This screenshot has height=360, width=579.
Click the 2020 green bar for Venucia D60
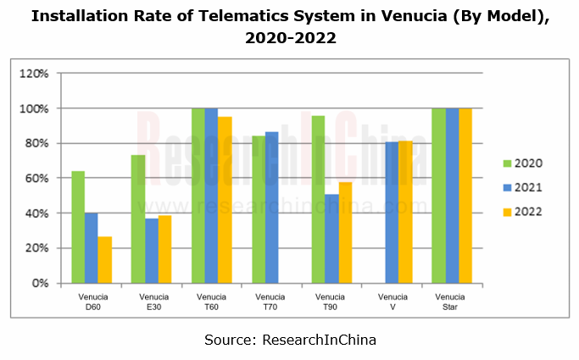(78, 227)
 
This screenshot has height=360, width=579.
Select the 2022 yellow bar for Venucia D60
(104, 259)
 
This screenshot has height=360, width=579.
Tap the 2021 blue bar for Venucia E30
(151, 251)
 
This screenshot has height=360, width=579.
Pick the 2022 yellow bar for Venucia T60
(225, 200)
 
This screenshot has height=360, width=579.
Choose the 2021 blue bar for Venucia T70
(271, 208)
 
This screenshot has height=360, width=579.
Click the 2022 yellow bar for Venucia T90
(344, 232)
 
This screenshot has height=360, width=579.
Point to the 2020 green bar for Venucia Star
(438, 196)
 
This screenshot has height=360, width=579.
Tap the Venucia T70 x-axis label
(271, 302)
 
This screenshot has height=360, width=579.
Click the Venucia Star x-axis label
(452, 302)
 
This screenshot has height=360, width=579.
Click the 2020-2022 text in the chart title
(289, 39)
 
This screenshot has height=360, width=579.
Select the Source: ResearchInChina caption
(290, 340)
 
